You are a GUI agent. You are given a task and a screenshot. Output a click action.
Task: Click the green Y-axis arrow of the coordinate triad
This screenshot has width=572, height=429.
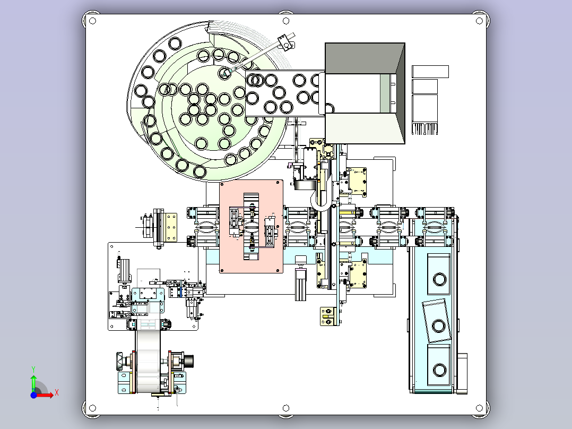pyautogui.click(x=33, y=381)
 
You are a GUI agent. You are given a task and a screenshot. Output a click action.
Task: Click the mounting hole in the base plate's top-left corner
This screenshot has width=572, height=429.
pyautogui.click(x=92, y=21)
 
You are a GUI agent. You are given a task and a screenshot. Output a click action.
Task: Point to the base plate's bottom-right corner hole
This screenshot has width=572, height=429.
pyautogui.click(x=480, y=408)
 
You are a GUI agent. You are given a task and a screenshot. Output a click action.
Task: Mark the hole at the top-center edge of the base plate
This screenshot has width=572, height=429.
pyautogui.click(x=286, y=21)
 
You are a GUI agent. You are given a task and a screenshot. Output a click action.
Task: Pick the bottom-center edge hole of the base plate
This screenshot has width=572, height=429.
pyautogui.click(x=286, y=408)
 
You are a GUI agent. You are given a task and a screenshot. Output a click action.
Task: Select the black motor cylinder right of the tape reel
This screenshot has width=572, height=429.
pyautogui.click(x=188, y=361)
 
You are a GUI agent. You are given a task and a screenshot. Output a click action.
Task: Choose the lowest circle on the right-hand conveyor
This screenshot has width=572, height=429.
pyautogui.click(x=439, y=368)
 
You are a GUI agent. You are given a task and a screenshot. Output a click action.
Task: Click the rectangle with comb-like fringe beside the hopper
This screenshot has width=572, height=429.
pyautogui.click(x=425, y=115)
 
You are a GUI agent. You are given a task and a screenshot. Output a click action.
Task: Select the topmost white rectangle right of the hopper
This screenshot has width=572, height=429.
pyautogui.click(x=430, y=71)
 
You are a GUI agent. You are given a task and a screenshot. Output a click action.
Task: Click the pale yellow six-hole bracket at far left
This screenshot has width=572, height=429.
pyautogui.click(x=171, y=227)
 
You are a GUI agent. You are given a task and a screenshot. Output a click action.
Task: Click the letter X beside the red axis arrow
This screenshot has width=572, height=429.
pyautogui.click(x=56, y=393)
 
